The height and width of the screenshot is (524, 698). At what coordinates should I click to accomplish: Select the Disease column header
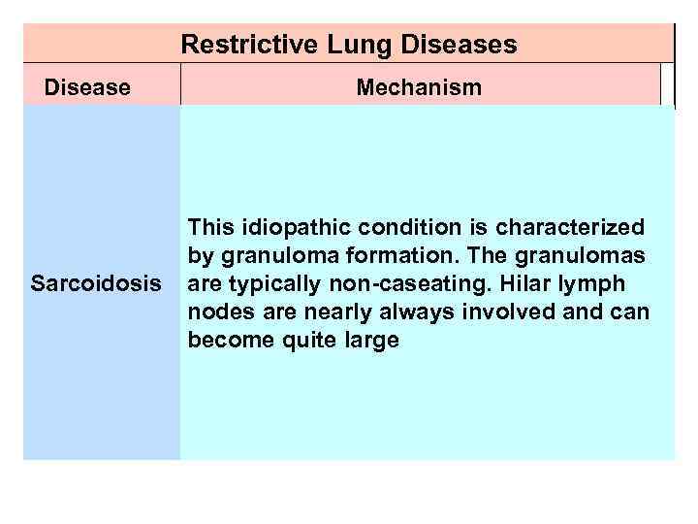(x=87, y=88)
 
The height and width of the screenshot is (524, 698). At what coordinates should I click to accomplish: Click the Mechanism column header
(x=419, y=88)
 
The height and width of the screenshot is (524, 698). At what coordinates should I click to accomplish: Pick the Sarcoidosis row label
(x=94, y=284)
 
